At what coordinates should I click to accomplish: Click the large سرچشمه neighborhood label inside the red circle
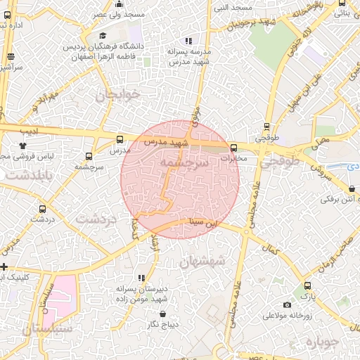[184, 162]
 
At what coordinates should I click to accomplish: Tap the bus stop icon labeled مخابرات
[233, 148]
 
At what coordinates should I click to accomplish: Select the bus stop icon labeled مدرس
[119, 139]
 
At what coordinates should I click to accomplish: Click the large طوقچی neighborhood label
[280, 161]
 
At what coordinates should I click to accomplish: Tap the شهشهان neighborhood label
[202, 262]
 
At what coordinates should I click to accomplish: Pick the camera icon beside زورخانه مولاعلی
[287, 304]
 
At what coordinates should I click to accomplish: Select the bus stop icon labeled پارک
[308, 285]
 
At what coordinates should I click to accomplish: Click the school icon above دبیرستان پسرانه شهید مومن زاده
[142, 278]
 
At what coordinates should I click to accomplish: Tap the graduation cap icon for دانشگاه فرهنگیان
[103, 36]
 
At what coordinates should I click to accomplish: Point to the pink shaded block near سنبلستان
[60, 295]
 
